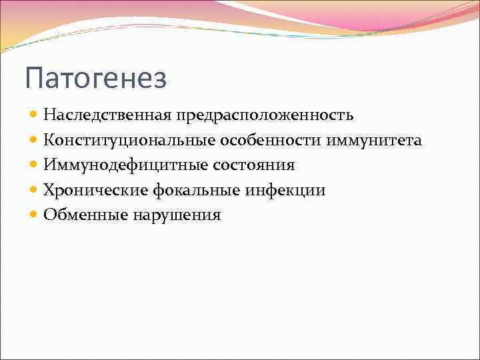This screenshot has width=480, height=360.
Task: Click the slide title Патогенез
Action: [95, 79]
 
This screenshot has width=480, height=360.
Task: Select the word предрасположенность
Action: [265, 115]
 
